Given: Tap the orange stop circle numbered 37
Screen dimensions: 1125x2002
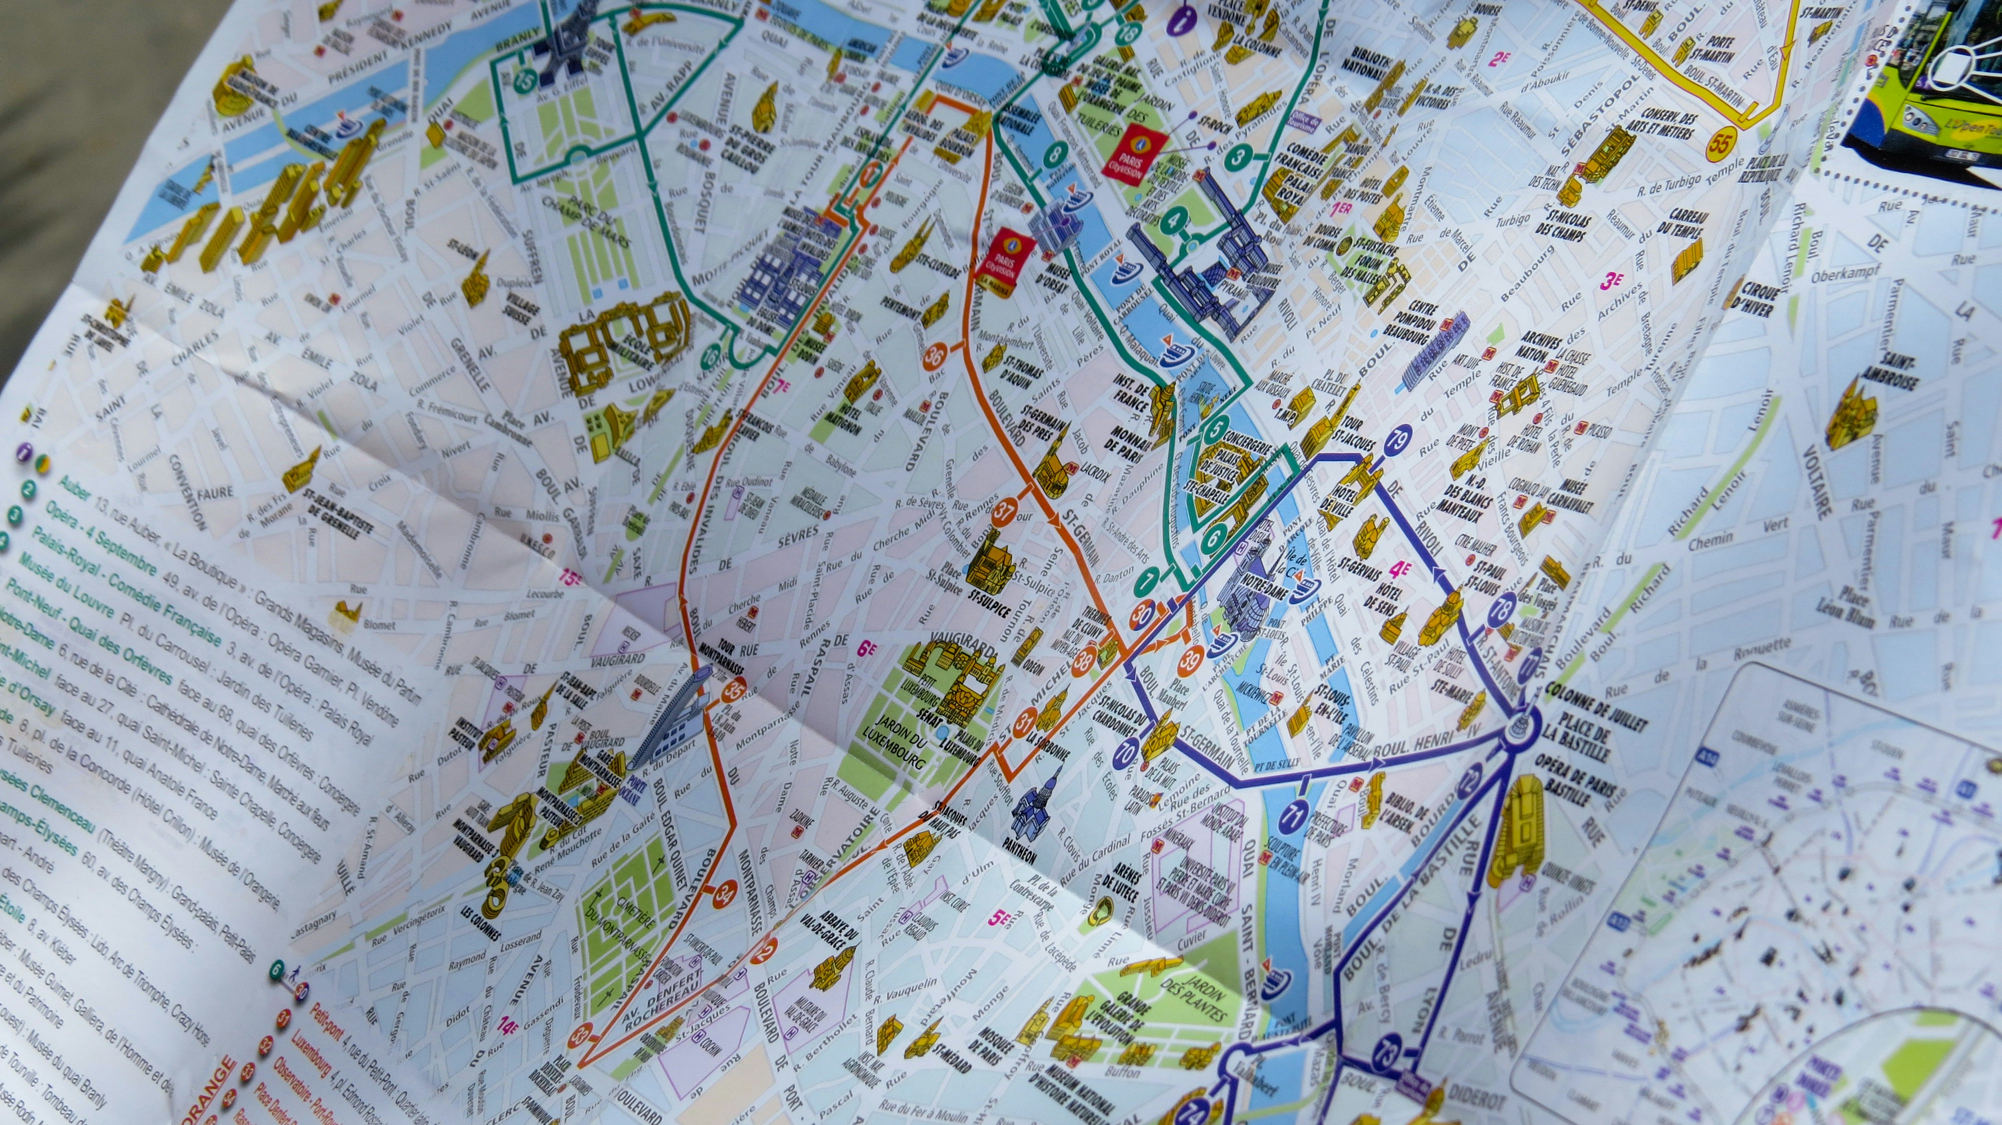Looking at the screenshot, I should (1004, 511).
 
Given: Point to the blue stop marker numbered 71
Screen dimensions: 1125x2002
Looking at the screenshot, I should (1294, 816).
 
